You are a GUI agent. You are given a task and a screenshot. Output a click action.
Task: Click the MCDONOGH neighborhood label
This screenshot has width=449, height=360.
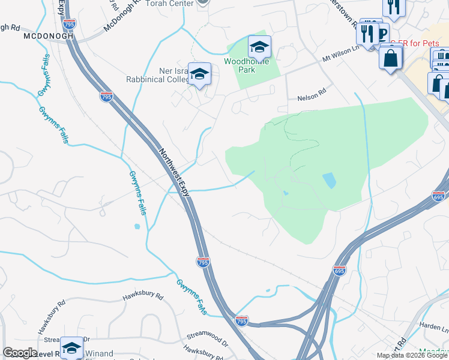click(48, 36)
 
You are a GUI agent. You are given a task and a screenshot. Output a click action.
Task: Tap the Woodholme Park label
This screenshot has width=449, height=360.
click(247, 65)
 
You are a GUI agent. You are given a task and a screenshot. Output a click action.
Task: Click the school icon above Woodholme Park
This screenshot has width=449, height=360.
click(259, 47)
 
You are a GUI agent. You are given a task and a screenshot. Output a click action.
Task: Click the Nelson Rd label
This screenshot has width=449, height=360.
click(311, 99)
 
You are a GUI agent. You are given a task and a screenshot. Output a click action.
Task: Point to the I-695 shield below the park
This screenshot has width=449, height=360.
click(340, 271)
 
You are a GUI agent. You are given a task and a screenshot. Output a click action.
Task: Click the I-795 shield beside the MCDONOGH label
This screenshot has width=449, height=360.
click(70, 25)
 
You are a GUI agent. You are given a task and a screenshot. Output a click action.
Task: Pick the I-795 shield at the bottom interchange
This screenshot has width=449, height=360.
click(241, 322)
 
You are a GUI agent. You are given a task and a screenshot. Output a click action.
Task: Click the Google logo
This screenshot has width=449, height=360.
click(20, 353)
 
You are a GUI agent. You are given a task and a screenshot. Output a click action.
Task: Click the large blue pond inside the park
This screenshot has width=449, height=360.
click(329, 179)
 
